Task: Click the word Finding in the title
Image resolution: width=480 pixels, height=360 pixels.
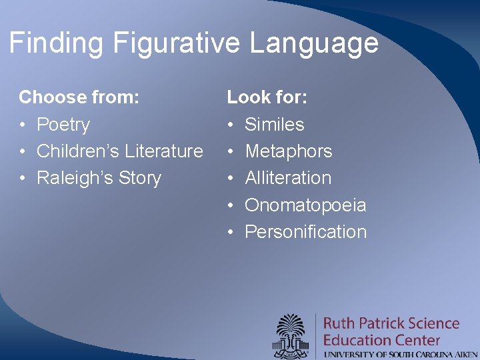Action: click(57, 44)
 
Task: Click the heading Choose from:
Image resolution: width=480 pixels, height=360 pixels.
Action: click(79, 98)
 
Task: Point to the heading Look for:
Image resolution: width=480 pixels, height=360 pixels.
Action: click(267, 98)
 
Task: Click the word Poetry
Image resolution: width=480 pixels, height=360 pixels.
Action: click(63, 125)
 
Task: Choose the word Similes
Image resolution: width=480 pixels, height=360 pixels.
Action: click(275, 125)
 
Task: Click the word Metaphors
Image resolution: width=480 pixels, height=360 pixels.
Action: click(289, 151)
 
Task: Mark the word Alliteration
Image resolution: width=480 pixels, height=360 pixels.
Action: click(288, 178)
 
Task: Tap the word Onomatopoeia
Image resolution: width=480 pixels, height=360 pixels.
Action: click(305, 205)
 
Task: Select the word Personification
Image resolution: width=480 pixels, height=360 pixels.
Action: click(306, 232)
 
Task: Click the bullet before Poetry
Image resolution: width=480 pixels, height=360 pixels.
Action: click(23, 125)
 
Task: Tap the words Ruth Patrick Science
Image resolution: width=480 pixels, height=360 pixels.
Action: click(391, 324)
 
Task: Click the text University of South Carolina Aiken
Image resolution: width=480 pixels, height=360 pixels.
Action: click(401, 354)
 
